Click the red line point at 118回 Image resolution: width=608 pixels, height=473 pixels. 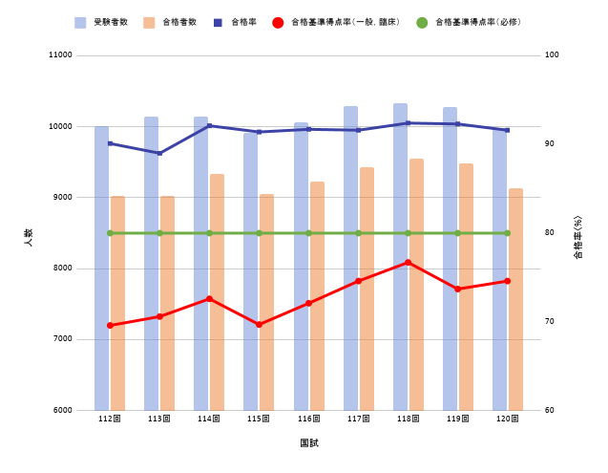pyautogui.click(x=408, y=262)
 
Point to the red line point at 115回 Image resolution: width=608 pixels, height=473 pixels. pyautogui.click(x=259, y=325)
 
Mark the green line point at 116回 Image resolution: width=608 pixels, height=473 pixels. pyautogui.click(x=308, y=233)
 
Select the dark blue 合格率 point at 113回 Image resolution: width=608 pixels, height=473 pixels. pyautogui.click(x=159, y=153)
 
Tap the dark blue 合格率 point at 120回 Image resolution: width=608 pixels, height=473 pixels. pyautogui.click(x=507, y=130)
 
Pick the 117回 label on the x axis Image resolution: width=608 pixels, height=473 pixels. pyautogui.click(x=358, y=419)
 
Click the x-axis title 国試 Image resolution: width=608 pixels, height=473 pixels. pyautogui.click(x=308, y=443)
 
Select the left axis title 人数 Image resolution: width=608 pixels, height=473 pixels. pyautogui.click(x=28, y=238)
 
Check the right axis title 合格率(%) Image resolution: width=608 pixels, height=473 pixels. pyautogui.click(x=577, y=238)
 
